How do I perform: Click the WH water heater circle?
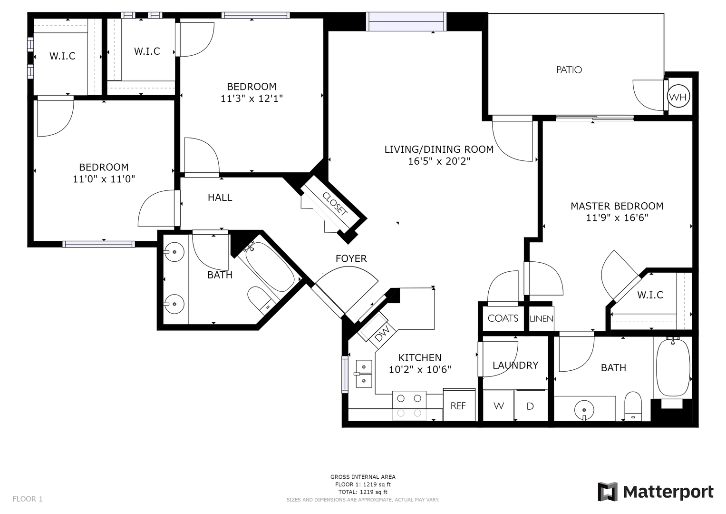coord(678,97)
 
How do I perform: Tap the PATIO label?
coord(569,70)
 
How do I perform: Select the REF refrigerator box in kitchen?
coord(458,405)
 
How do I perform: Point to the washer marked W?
coord(498,405)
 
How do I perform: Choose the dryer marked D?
coord(530,405)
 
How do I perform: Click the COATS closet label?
coord(503,318)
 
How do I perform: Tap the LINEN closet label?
coord(541,318)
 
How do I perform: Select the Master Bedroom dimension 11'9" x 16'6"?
coord(617,218)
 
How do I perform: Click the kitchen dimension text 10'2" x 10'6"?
coord(420,369)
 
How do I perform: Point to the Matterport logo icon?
coord(607,492)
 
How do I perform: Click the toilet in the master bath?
coord(633,406)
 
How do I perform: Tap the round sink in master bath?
coord(584,409)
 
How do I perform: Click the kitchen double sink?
coord(364,373)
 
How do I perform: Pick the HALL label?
coord(220,198)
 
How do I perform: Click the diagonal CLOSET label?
coord(335,204)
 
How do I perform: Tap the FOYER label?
coord(351,258)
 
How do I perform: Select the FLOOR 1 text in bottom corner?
coord(28,499)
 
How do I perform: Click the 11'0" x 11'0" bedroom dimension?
coord(104,179)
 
